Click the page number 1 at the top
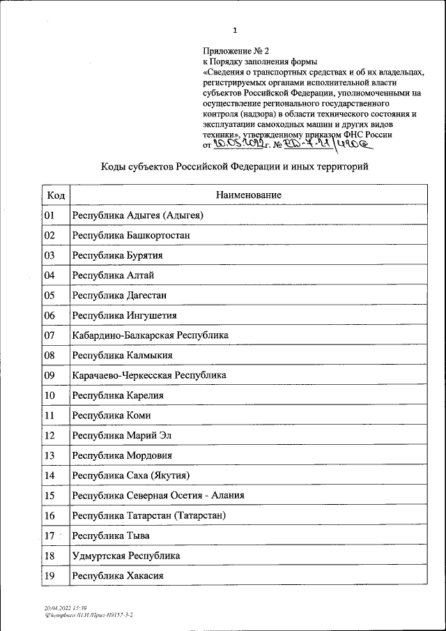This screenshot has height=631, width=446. [235, 30]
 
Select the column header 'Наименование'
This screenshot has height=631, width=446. [249, 195]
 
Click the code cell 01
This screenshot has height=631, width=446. [49, 215]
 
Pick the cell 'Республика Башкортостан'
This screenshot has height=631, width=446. [131, 236]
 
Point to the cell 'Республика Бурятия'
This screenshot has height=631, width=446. [118, 255]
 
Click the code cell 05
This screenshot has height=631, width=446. [49, 295]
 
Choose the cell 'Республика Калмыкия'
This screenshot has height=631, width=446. [123, 356]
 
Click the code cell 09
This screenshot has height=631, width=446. [49, 375]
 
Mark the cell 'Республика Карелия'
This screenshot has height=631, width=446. [118, 395]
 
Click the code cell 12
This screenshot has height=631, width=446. [49, 436]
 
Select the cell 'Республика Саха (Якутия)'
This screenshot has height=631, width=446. [131, 476]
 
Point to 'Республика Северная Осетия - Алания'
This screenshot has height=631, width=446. [158, 496]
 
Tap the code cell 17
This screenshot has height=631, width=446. [49, 536]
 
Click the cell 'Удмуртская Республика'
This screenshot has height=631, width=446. [126, 556]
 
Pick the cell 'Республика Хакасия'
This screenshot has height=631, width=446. [118, 576]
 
